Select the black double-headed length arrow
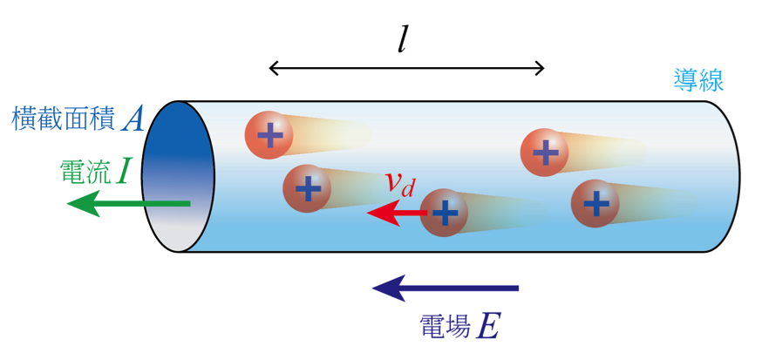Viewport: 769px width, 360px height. click(x=406, y=68)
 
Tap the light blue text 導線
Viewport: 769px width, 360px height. click(x=698, y=80)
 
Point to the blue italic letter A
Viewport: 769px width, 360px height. click(x=133, y=119)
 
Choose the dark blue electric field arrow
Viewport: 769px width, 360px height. click(x=446, y=287)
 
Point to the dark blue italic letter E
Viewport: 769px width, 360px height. click(x=489, y=327)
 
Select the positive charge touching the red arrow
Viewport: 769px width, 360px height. click(x=444, y=212)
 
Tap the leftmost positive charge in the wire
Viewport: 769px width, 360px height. click(x=269, y=134)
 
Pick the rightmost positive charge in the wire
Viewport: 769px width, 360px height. click(x=595, y=203)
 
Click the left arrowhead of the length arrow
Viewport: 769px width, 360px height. click(x=275, y=68)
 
